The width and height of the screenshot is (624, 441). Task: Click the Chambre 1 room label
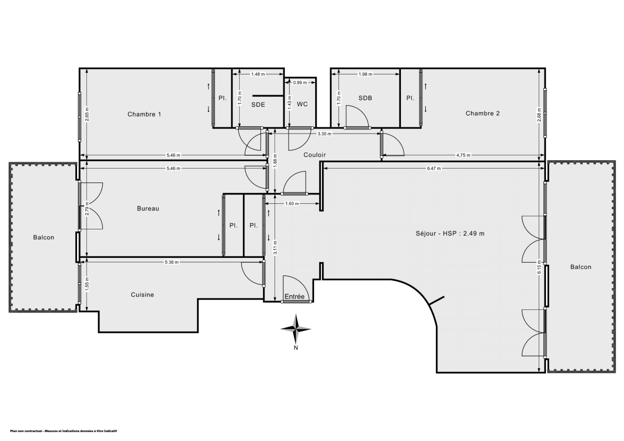click(144, 114)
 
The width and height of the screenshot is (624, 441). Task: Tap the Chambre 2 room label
click(482, 113)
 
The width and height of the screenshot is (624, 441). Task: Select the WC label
click(302, 104)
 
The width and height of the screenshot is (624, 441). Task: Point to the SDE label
click(258, 104)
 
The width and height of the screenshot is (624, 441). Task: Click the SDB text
click(365, 98)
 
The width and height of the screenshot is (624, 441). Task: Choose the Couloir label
click(315, 154)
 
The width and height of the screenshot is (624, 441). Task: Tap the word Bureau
click(148, 209)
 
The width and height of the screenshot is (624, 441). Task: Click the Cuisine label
click(142, 295)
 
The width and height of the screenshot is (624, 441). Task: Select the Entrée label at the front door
click(294, 296)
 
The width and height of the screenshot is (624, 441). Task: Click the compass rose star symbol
click(295, 328)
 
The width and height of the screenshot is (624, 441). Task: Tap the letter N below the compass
click(295, 348)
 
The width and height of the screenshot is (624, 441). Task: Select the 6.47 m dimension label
click(434, 168)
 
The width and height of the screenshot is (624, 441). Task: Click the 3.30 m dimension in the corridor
click(324, 134)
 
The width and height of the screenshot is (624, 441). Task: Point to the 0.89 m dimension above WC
click(300, 83)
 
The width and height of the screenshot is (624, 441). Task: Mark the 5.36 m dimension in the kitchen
click(172, 262)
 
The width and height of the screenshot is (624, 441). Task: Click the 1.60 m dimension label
click(292, 204)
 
